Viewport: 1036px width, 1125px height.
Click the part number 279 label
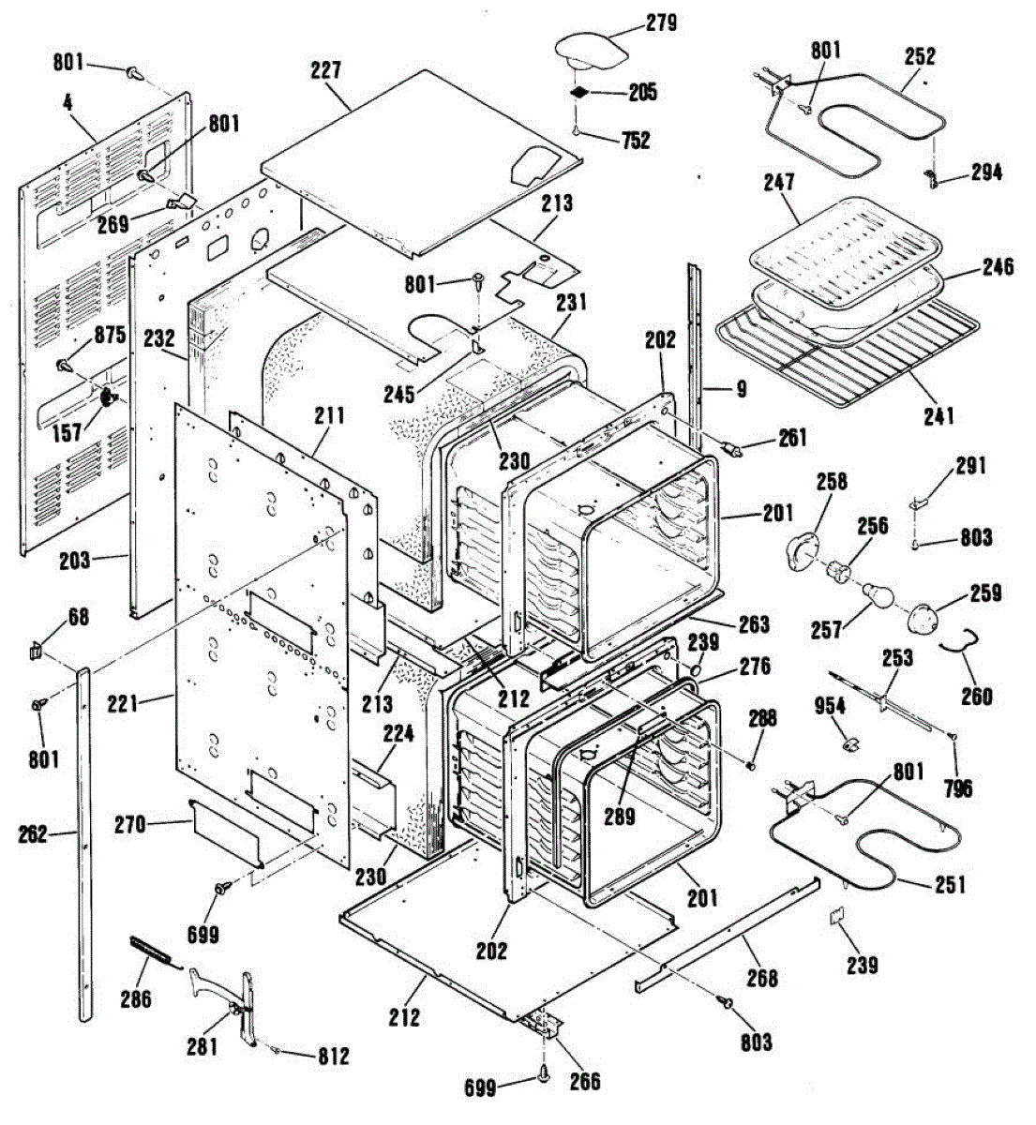[661, 22]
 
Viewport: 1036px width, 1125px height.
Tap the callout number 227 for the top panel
[328, 70]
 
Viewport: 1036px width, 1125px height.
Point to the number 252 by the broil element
[920, 56]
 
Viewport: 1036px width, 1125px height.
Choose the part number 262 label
[33, 833]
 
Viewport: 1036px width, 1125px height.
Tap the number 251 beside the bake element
[950, 884]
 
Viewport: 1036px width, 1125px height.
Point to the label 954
[830, 706]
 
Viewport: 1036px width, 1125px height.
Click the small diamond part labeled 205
[580, 93]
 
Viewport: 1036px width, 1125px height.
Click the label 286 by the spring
[136, 999]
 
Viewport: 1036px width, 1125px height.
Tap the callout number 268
[762, 978]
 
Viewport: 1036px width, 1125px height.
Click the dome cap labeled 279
[588, 47]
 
